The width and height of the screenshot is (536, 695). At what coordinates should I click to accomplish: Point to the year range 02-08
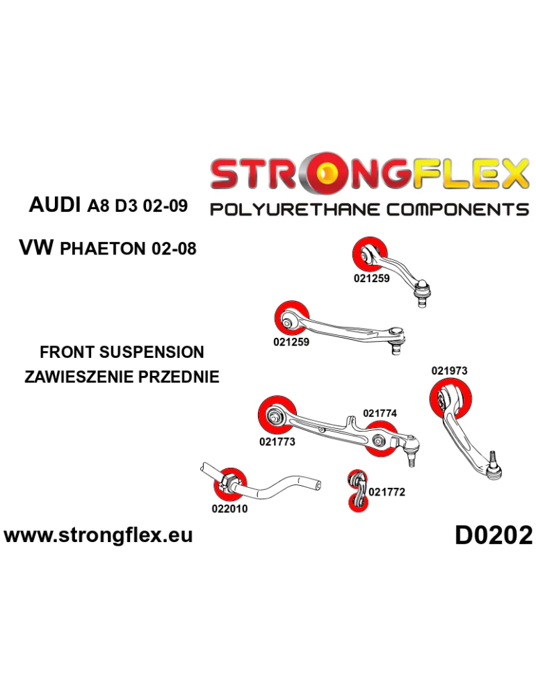tap(174, 248)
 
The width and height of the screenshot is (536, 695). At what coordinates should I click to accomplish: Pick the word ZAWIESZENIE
tap(79, 377)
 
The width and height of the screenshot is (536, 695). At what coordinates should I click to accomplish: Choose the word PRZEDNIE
tap(179, 377)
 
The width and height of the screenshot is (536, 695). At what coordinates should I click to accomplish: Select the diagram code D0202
tap(494, 535)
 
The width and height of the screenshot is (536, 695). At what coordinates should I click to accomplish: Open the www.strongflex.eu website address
tap(98, 535)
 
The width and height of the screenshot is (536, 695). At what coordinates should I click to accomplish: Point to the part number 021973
tap(449, 371)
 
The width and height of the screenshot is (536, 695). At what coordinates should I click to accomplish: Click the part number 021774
tap(380, 414)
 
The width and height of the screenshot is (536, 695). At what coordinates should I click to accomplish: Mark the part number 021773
tap(277, 441)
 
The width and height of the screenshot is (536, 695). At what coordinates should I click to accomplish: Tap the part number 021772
tap(387, 492)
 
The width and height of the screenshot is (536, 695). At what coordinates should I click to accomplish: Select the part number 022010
tap(229, 508)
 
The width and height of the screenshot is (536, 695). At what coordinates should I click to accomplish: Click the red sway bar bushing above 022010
tap(230, 484)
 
